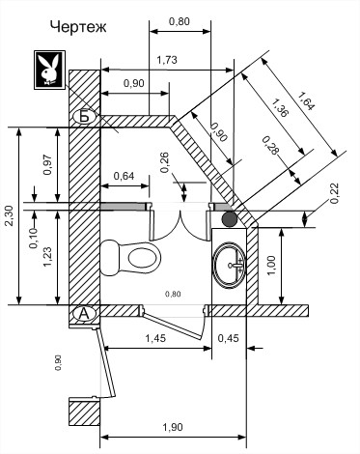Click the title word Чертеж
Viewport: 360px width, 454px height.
[78, 27]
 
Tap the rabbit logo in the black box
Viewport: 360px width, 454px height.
[50, 70]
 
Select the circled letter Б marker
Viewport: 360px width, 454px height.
[84, 117]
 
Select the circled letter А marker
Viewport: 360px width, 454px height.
[83, 314]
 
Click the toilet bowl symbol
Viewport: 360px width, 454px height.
[130, 258]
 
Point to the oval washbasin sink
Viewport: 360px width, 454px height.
[230, 265]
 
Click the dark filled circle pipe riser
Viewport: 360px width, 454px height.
[230, 218]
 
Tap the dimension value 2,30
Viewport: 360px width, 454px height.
[10, 215]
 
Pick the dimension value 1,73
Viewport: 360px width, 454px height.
[167, 60]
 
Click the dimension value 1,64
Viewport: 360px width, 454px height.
[305, 101]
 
